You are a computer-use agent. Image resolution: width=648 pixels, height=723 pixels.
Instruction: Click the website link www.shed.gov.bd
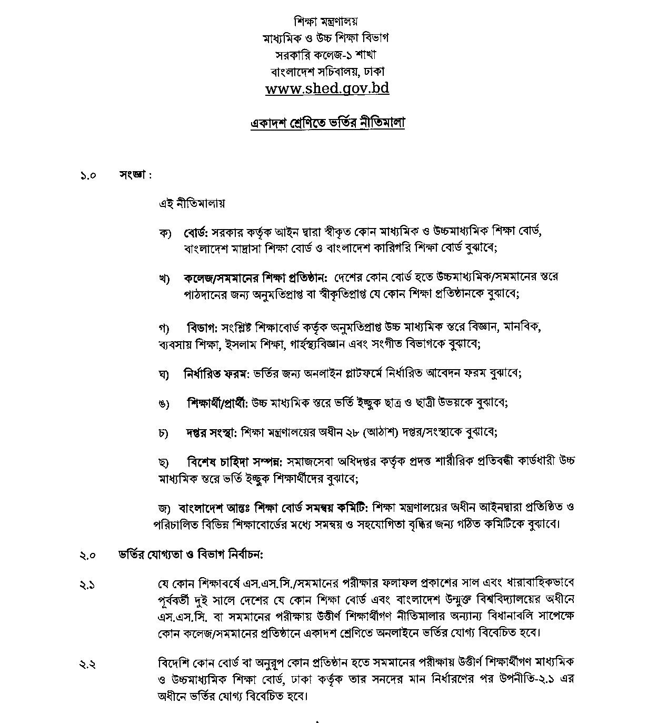(x=327, y=88)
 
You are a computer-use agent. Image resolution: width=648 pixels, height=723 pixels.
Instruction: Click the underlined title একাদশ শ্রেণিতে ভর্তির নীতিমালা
(x=327, y=123)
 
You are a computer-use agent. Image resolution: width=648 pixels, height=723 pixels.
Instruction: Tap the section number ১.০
(x=88, y=175)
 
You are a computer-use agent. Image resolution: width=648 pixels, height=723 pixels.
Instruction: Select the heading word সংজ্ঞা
(x=134, y=175)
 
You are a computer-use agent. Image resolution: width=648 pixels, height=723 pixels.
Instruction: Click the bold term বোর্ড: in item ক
(x=196, y=232)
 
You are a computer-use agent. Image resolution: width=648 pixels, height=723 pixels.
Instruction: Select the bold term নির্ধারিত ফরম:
(x=216, y=373)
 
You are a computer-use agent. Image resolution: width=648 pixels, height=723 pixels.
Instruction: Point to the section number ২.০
(x=88, y=555)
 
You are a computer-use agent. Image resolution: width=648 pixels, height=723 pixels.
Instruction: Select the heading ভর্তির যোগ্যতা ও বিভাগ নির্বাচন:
(x=191, y=554)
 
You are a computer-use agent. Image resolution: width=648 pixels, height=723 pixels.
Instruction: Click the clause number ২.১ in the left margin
(x=87, y=585)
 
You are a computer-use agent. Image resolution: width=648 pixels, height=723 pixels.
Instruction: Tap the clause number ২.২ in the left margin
(x=87, y=665)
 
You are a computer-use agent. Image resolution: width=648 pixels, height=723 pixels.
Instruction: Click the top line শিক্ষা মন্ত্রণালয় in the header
(x=326, y=22)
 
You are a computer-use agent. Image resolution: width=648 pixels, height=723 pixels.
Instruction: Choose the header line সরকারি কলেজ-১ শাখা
(x=326, y=54)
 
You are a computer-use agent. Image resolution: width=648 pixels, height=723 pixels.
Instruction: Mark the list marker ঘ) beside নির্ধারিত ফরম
(x=163, y=374)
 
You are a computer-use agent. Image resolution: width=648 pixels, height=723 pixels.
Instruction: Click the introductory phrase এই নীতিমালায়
(x=192, y=203)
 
